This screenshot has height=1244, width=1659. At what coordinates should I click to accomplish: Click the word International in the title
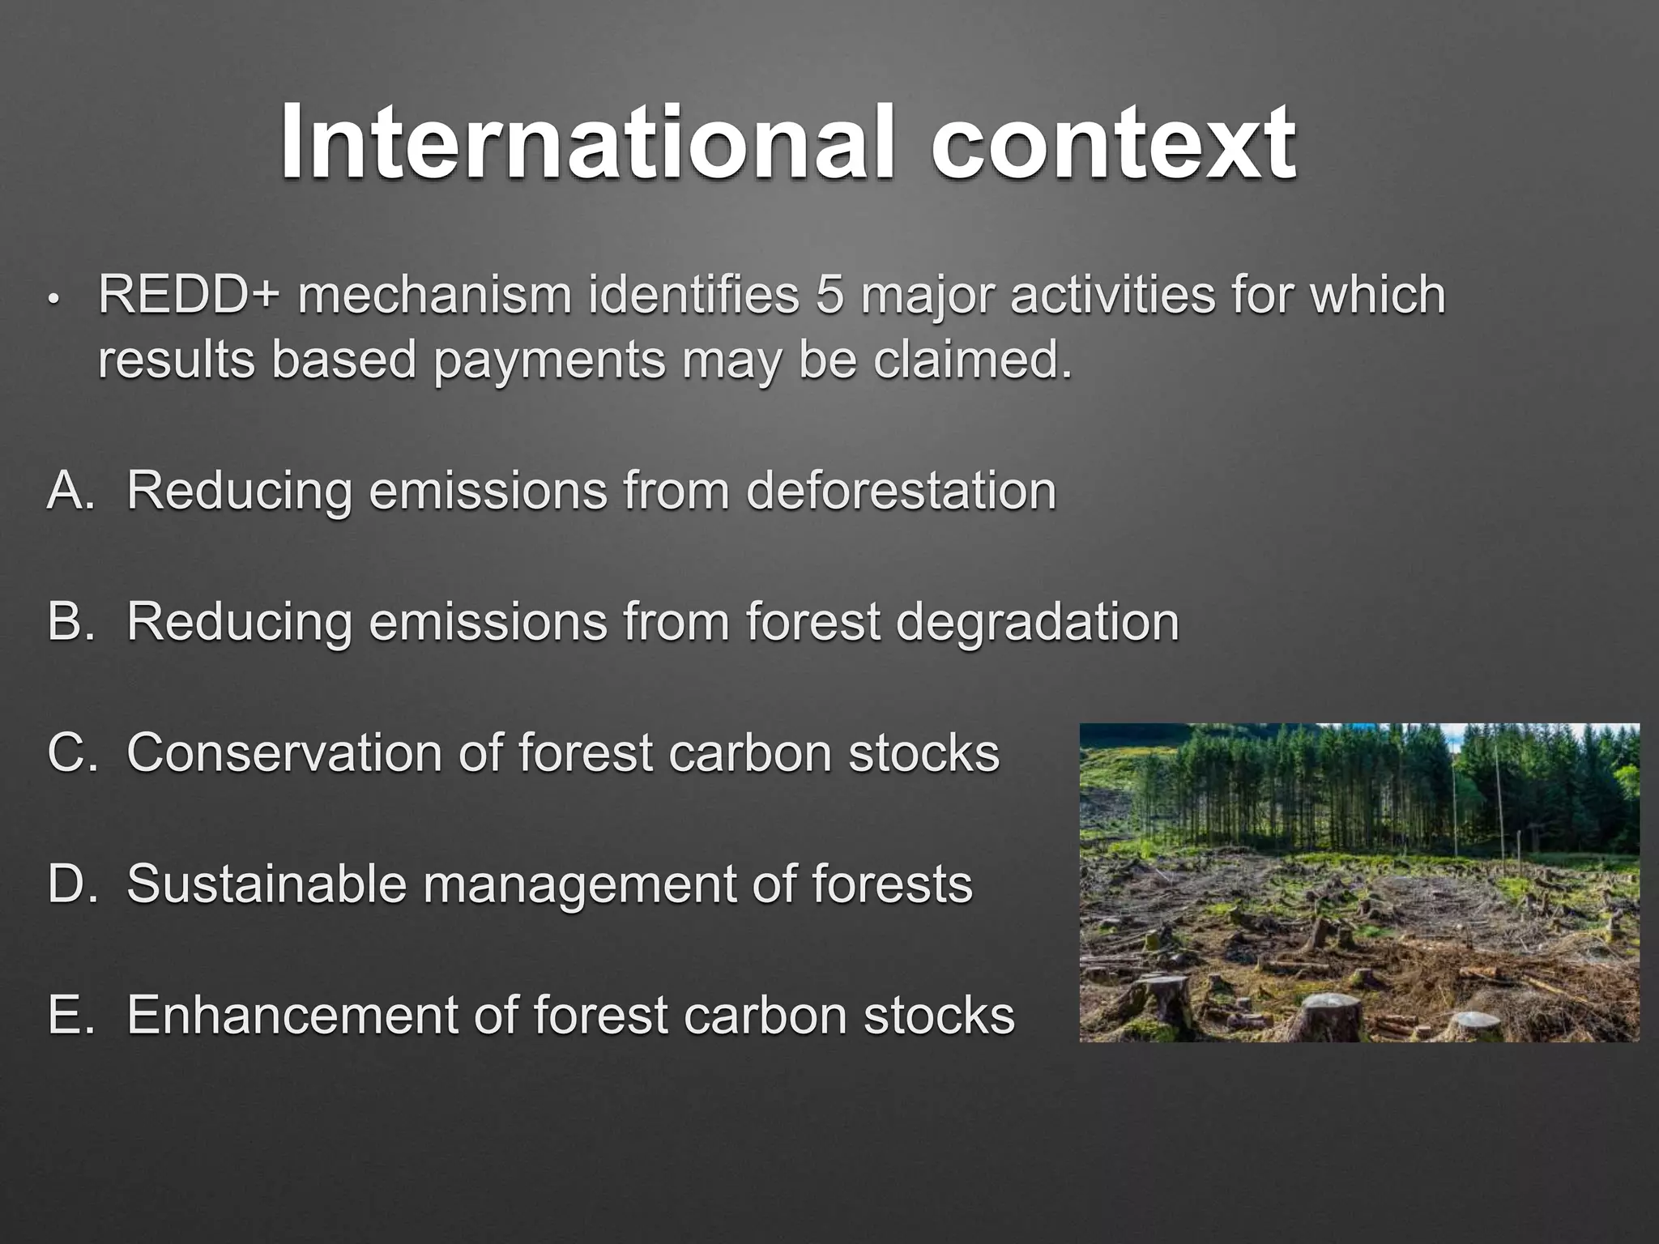click(588, 143)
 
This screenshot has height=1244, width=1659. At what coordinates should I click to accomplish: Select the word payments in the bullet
click(548, 361)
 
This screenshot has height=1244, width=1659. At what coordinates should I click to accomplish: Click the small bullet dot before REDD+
click(53, 299)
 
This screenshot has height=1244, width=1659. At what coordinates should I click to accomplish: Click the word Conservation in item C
click(284, 753)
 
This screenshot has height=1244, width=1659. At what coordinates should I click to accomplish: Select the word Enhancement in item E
click(292, 1016)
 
